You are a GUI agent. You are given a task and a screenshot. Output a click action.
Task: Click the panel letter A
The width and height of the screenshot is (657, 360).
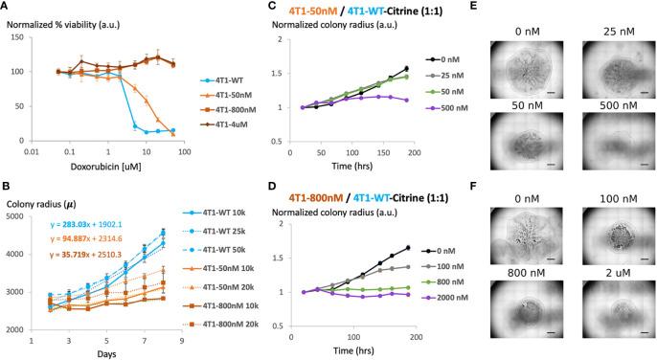(x=6, y=7)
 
